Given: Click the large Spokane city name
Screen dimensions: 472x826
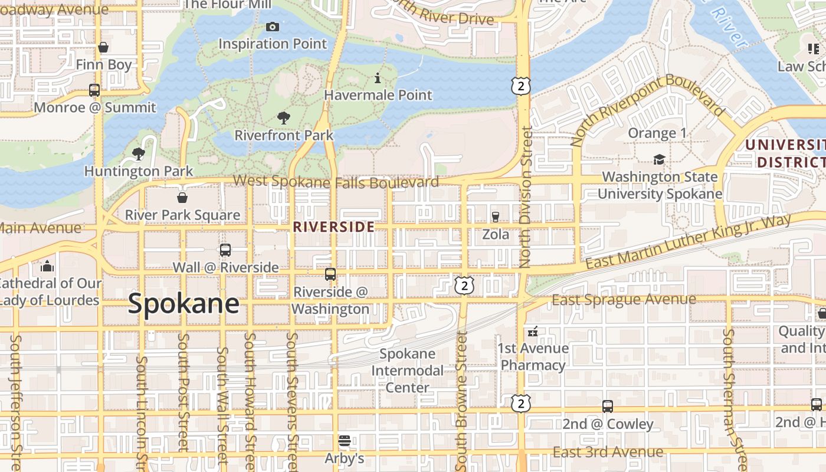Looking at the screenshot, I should point(183,304).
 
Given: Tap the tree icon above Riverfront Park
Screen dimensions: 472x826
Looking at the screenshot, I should point(284,118).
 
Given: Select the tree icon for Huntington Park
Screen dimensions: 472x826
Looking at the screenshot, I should point(139,155).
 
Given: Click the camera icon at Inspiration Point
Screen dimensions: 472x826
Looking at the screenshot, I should point(272,27).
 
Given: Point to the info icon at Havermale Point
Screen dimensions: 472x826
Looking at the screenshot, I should point(378,78).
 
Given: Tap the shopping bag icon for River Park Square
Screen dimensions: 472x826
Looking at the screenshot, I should point(182,198).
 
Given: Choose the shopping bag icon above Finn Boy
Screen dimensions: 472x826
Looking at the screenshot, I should point(103,47).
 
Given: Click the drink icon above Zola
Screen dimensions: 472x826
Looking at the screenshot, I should point(496,217).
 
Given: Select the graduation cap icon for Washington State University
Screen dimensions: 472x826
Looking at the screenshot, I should point(659,160).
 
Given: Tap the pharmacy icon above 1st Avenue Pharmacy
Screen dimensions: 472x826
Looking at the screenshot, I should point(533,332).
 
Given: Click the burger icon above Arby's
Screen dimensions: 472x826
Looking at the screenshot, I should point(345,441).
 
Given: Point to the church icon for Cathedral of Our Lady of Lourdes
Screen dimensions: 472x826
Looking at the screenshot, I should point(47,266).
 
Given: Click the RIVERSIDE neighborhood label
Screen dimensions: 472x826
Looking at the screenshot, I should point(334,227).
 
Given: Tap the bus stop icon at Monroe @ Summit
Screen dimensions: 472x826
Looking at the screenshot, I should point(94,90).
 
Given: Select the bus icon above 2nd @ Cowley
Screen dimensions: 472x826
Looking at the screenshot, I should point(608,407).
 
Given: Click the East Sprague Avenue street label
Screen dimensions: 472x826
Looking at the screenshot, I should point(624,300).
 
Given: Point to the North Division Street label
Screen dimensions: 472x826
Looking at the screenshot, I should point(527,198).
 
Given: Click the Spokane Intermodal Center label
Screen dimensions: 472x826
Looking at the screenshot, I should point(408,371).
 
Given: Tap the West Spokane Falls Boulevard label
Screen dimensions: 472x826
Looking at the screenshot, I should point(336,182).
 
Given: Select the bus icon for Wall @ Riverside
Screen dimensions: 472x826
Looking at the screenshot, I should point(225,250).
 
